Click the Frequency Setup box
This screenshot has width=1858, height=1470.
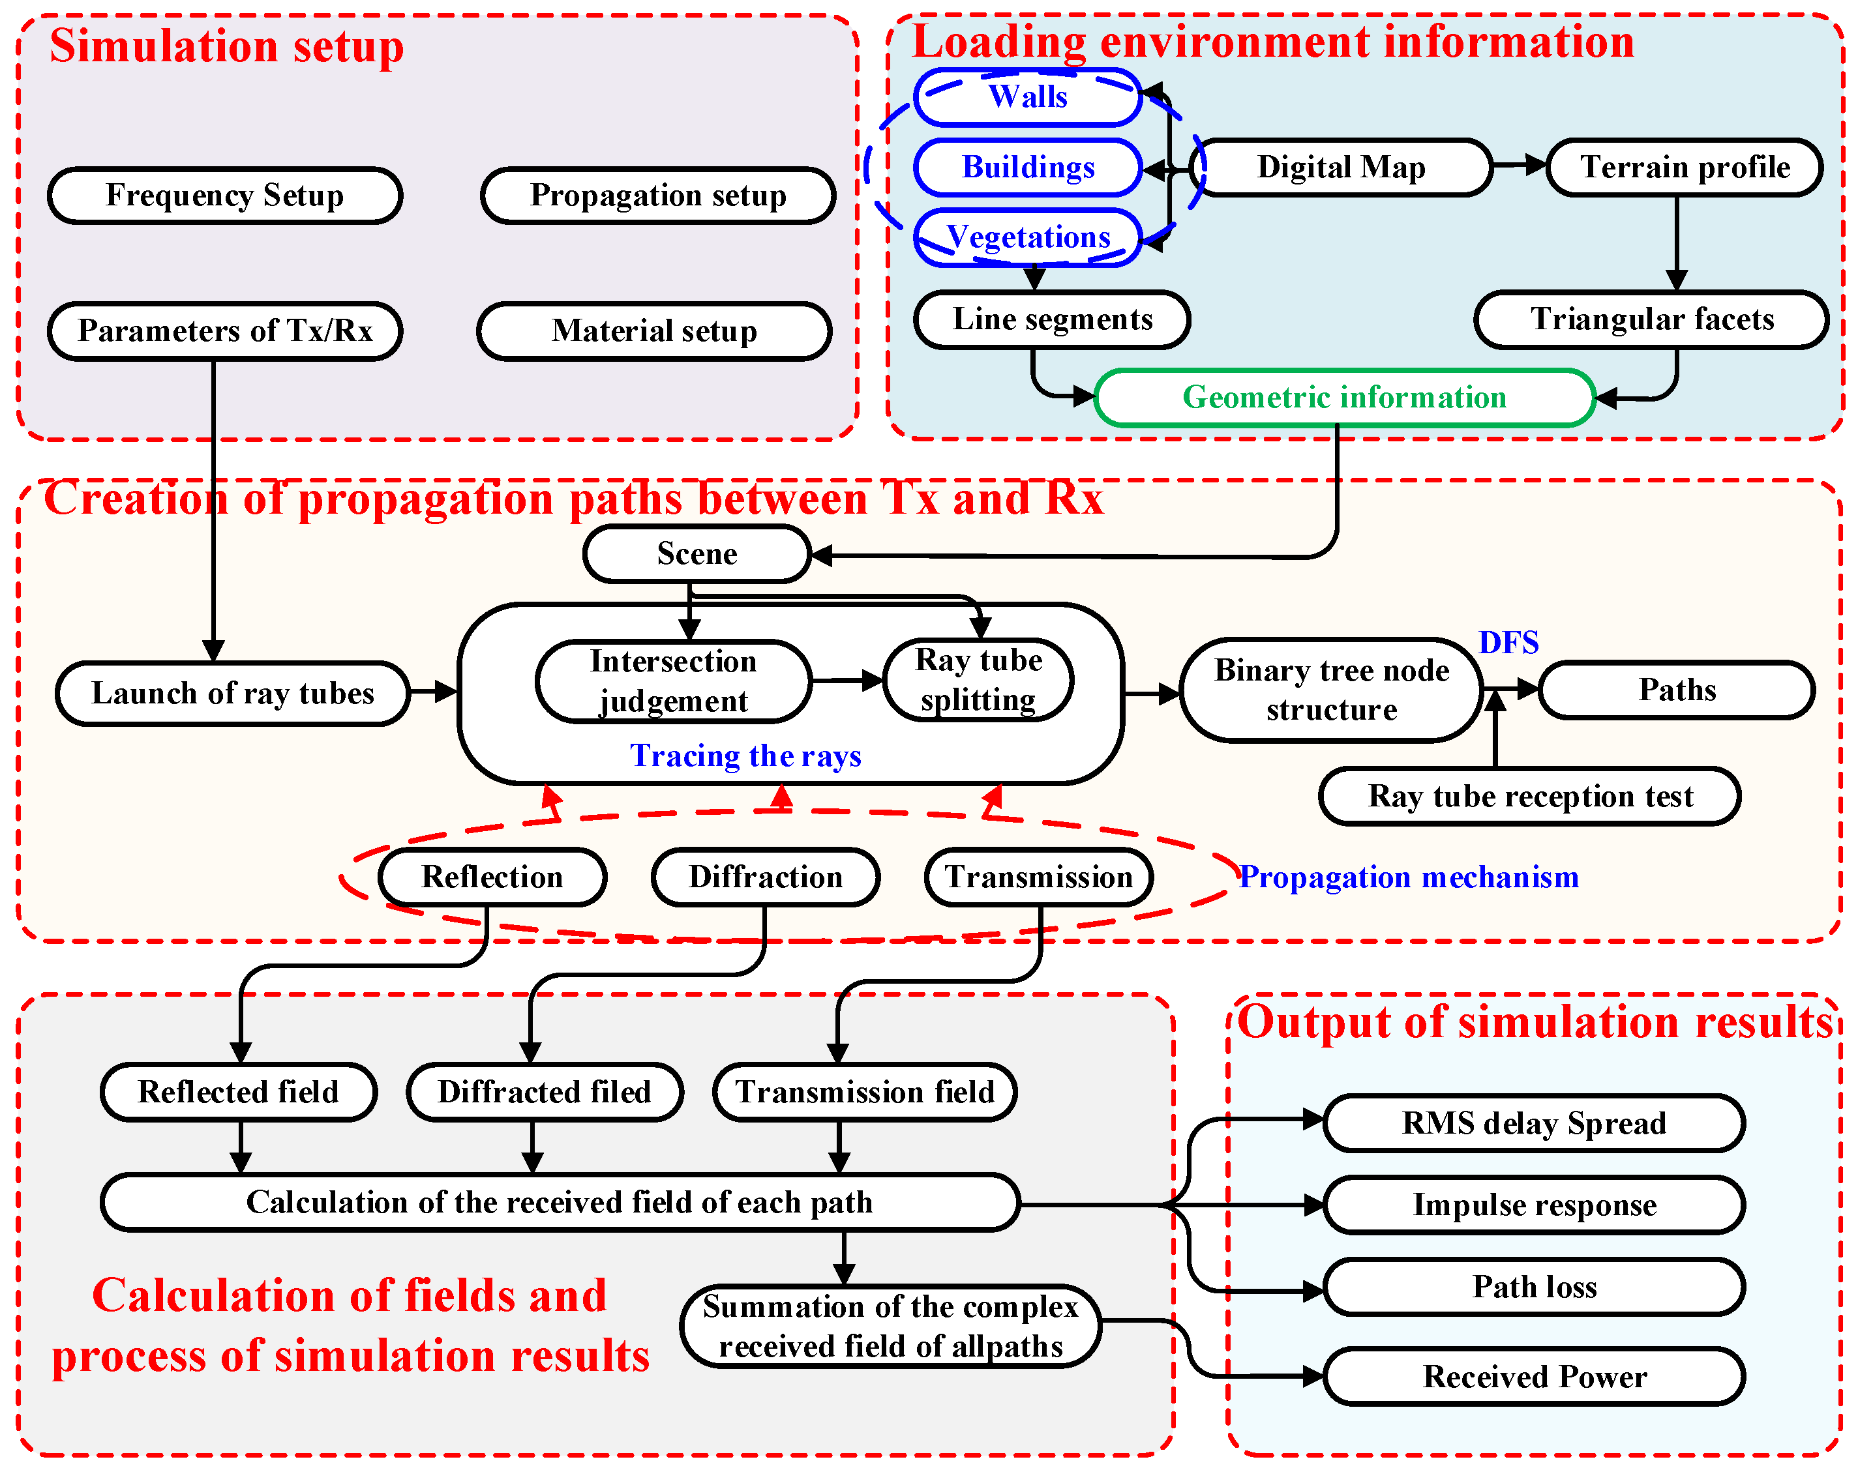tap(225, 196)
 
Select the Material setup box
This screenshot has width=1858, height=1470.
tap(654, 331)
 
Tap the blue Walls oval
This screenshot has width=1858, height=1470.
tap(1027, 96)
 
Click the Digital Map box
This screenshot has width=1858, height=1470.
tap(1341, 167)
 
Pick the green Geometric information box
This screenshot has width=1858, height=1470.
tap(1344, 398)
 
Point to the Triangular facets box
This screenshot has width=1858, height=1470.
tap(1651, 319)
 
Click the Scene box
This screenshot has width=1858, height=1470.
tap(697, 553)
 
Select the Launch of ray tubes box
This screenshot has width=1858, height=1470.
tap(232, 693)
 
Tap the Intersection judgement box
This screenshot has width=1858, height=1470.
tap(673, 681)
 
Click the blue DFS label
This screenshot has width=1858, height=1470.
tap(1508, 643)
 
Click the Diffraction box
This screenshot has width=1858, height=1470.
tap(766, 877)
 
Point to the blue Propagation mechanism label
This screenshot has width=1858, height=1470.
tap(1409, 877)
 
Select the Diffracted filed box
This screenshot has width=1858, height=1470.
tap(544, 1092)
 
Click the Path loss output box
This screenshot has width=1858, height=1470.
tap(1535, 1287)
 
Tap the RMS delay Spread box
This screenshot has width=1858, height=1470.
tap(1535, 1123)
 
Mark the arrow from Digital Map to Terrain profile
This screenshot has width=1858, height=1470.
tap(1520, 164)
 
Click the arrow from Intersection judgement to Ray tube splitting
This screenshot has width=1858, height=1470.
tap(848, 681)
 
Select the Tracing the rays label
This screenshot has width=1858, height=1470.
tap(745, 756)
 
